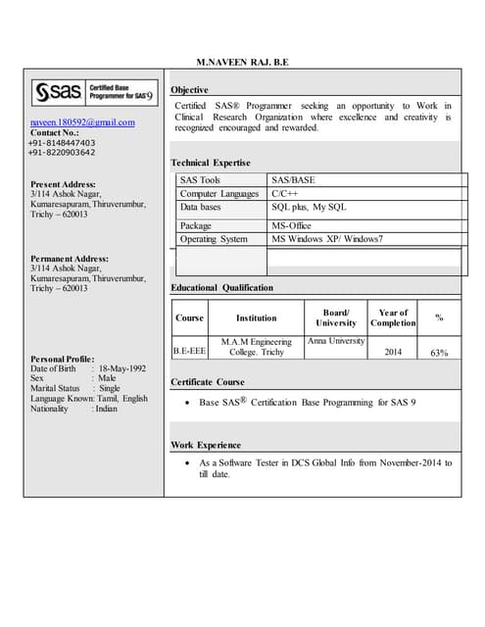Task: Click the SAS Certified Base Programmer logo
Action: (x=94, y=93)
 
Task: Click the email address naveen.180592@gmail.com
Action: (x=82, y=122)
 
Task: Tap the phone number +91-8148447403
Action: (x=62, y=143)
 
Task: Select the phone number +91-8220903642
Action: (x=62, y=153)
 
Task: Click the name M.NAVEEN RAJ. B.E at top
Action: (x=242, y=63)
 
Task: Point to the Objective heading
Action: (x=189, y=90)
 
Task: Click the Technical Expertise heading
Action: (x=210, y=163)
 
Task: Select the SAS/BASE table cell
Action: (x=293, y=180)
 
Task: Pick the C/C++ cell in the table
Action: (x=285, y=194)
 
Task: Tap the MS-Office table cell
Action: (x=291, y=225)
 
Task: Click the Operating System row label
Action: (x=214, y=239)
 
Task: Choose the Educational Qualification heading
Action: (x=221, y=288)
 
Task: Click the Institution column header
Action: (x=256, y=318)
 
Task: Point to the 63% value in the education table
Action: (x=439, y=353)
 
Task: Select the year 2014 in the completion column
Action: (x=393, y=352)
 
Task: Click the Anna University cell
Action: (x=336, y=341)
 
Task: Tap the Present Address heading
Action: (x=63, y=184)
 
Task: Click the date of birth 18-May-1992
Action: (x=122, y=368)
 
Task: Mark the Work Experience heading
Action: (x=205, y=445)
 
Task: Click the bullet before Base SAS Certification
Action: (x=187, y=404)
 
